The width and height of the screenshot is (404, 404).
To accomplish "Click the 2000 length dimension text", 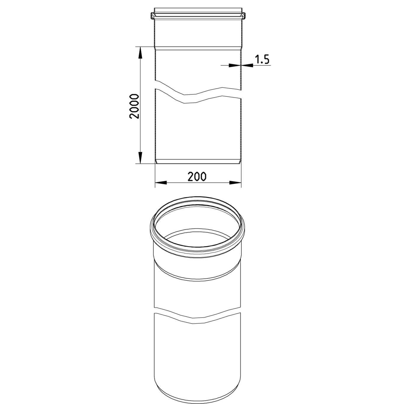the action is [x=134, y=106].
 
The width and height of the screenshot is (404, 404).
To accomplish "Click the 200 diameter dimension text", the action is [x=197, y=177].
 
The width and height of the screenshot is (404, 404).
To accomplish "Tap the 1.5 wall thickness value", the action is [x=262, y=59].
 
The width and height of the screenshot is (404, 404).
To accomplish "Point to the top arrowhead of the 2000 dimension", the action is [x=140, y=52].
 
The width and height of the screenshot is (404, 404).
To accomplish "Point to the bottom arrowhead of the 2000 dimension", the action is [x=140, y=157].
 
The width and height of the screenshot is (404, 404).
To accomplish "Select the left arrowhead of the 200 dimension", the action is [x=161, y=182].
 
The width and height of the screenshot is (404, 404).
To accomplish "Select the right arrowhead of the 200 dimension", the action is [x=235, y=182].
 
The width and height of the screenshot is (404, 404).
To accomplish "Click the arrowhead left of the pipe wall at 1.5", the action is [x=235, y=65].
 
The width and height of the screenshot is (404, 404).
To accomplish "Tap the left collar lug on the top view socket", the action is [x=153, y=16].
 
